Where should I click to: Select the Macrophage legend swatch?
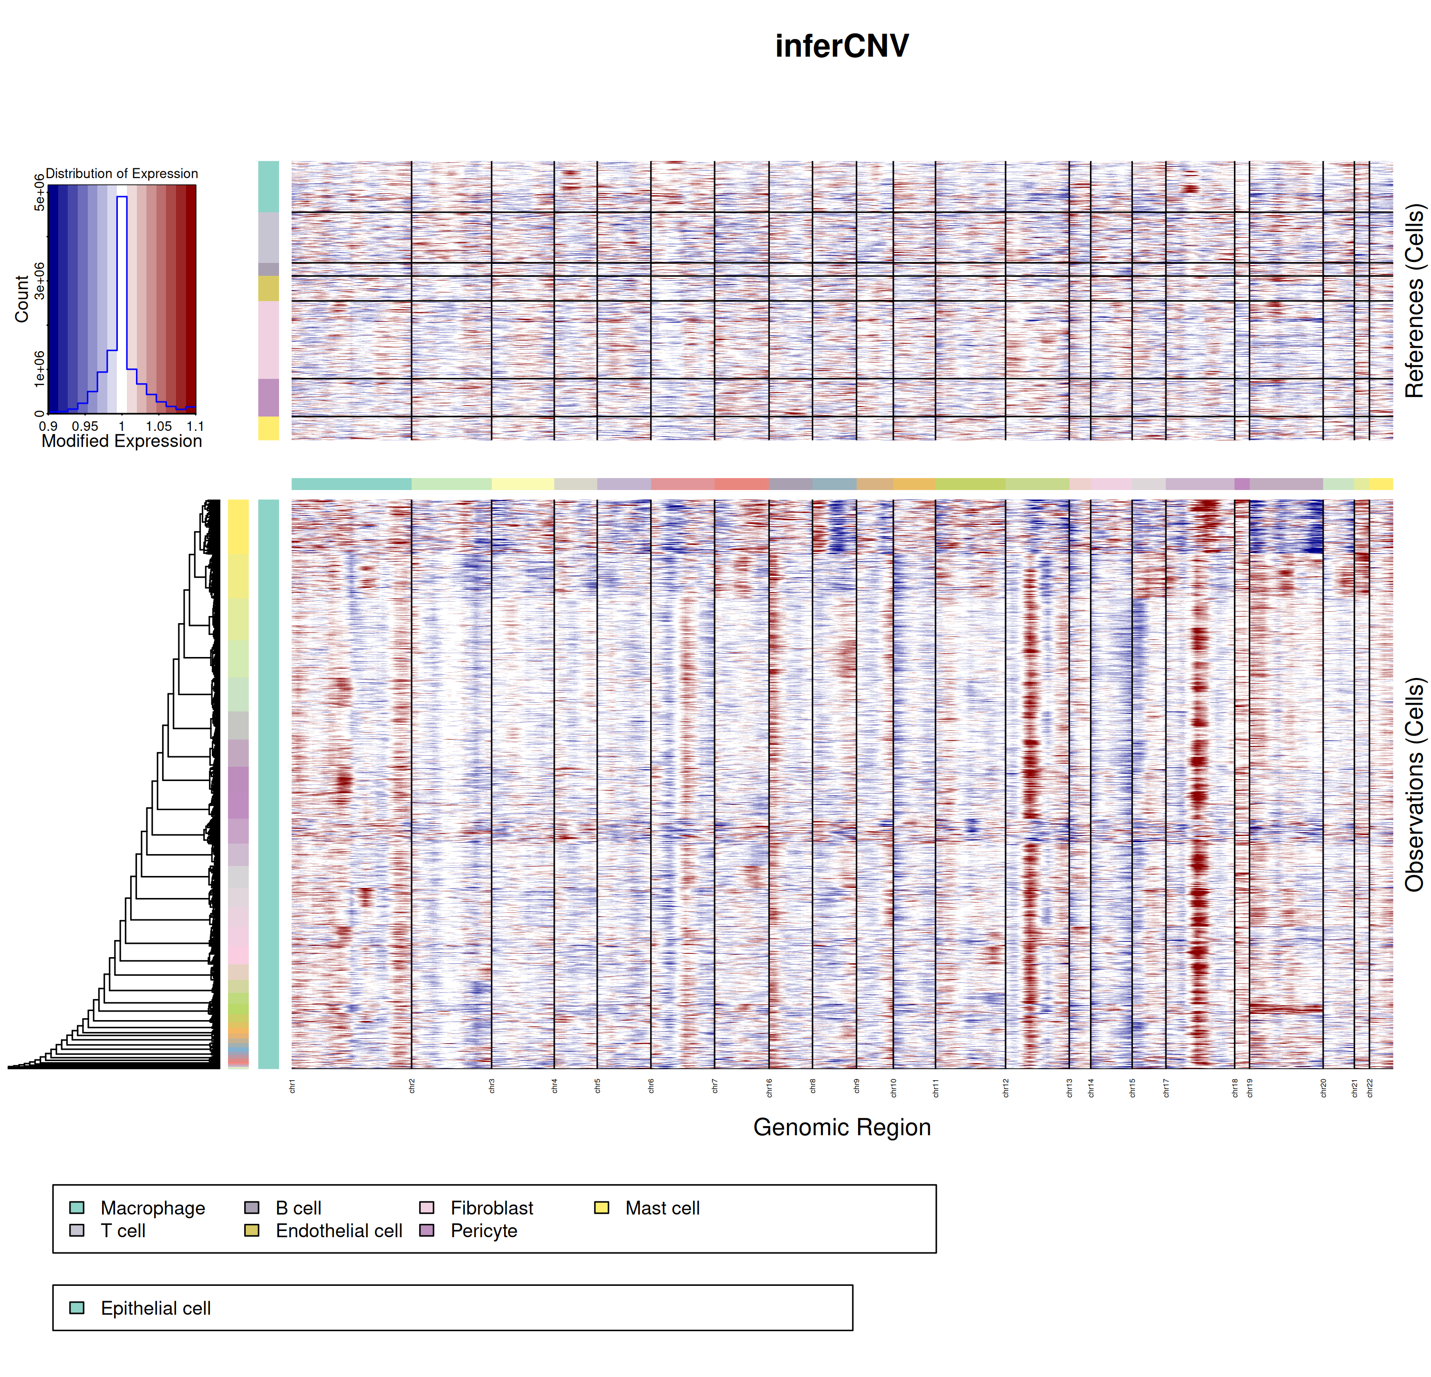pos(77,1208)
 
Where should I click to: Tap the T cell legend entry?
pos(123,1231)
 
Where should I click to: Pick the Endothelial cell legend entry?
pos(339,1231)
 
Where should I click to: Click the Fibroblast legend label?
pos(491,1209)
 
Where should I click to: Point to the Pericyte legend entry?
pos(483,1231)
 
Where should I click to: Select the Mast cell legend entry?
pos(662,1209)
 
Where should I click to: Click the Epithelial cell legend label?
pos(156,1308)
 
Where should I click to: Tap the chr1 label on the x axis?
pos(292,1085)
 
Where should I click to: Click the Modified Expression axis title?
pos(121,441)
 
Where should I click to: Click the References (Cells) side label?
pos(1415,301)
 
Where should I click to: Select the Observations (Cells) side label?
pos(1415,785)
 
